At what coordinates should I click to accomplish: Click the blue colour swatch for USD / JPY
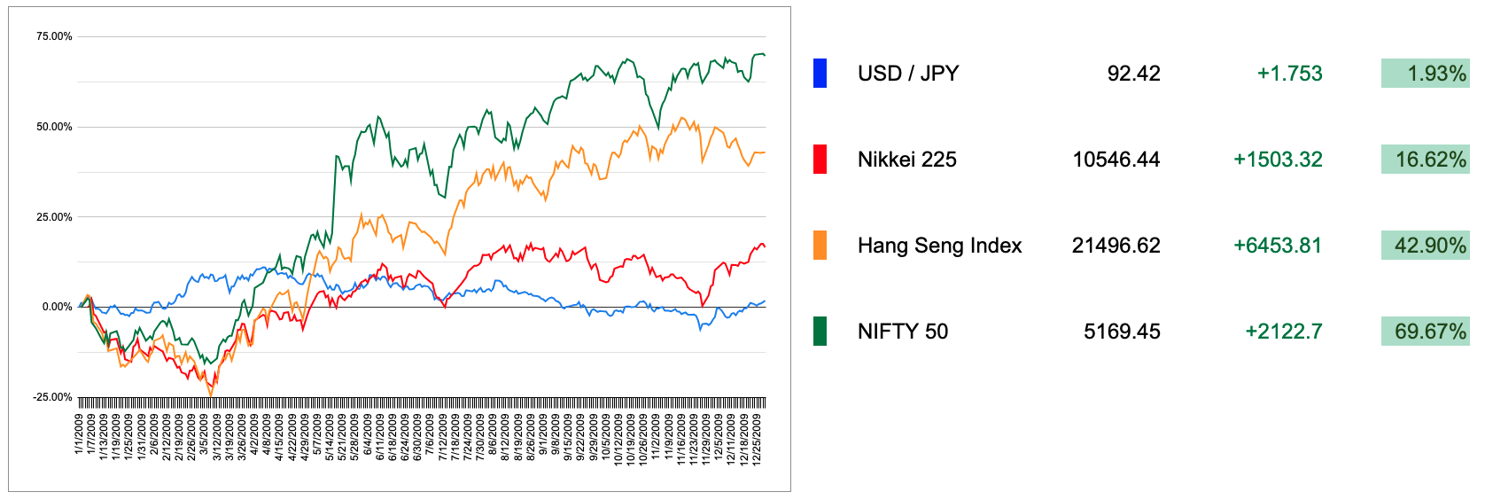820,74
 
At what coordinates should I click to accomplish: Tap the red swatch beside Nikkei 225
820,160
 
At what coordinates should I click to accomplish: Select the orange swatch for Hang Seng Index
820,246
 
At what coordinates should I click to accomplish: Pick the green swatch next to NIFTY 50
820,332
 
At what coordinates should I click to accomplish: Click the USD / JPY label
908,74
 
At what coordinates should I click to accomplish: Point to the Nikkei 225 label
906,160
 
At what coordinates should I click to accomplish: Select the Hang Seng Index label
939,246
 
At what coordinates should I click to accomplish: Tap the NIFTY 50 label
902,332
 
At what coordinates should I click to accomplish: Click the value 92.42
1133,74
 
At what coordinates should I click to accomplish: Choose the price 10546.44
1116,160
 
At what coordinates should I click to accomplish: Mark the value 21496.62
1116,246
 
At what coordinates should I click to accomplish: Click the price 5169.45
1122,332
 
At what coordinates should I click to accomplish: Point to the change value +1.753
1289,74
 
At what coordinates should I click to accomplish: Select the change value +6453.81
1278,246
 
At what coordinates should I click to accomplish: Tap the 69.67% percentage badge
1425,332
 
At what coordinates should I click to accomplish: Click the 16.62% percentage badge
1425,160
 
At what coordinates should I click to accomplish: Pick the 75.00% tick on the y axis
54,36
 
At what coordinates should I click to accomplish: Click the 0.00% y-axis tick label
57,307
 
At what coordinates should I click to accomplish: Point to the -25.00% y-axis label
52,397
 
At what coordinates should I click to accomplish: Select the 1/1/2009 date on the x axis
79,434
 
